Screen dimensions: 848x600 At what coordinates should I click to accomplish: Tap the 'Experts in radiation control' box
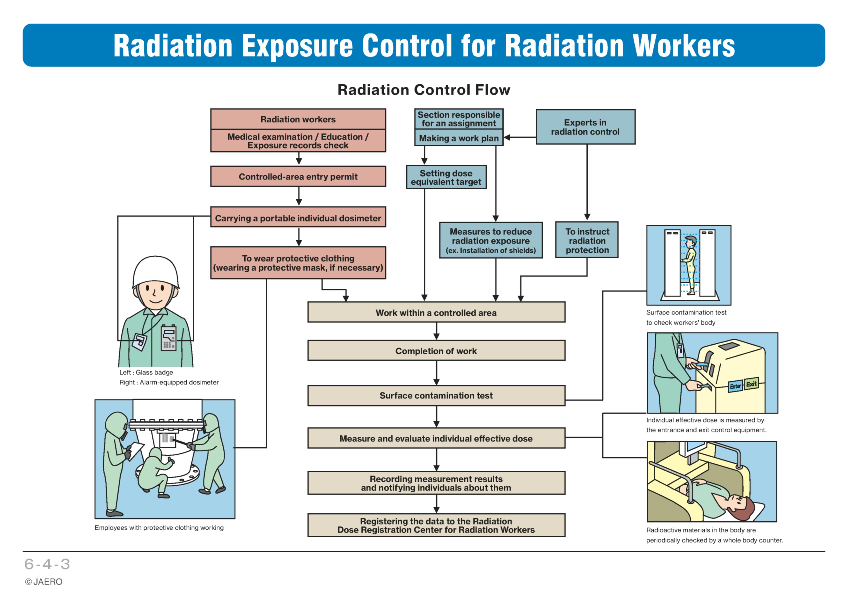585,127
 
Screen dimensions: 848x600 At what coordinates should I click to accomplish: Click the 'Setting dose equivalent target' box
446,177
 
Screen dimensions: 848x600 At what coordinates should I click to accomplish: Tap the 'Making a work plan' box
459,138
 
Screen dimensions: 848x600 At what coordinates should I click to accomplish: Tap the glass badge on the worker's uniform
139,342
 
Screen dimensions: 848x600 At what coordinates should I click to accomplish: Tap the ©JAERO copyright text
44,582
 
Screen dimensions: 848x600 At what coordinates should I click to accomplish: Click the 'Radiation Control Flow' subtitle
424,90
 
